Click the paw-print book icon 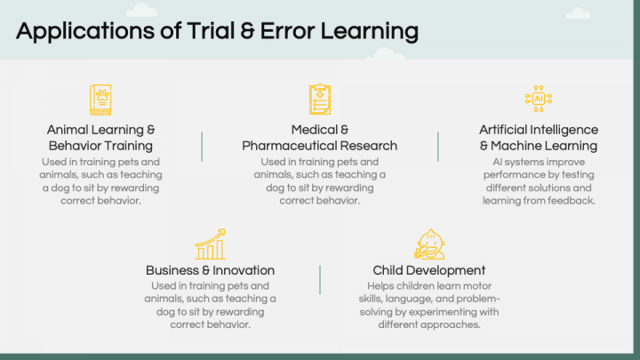click(x=100, y=100)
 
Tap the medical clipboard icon click(x=320, y=100)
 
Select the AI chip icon click(x=539, y=99)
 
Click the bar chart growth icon click(x=210, y=244)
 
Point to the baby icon click(x=429, y=244)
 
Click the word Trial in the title click(x=211, y=31)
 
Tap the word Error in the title click(x=287, y=31)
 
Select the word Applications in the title click(x=85, y=31)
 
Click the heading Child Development click(x=429, y=270)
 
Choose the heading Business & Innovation click(x=210, y=270)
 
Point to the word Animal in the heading click(x=68, y=130)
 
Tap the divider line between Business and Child click(x=320, y=280)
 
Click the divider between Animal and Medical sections click(x=202, y=147)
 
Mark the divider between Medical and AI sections click(x=438, y=147)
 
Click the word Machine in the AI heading click(x=516, y=146)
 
